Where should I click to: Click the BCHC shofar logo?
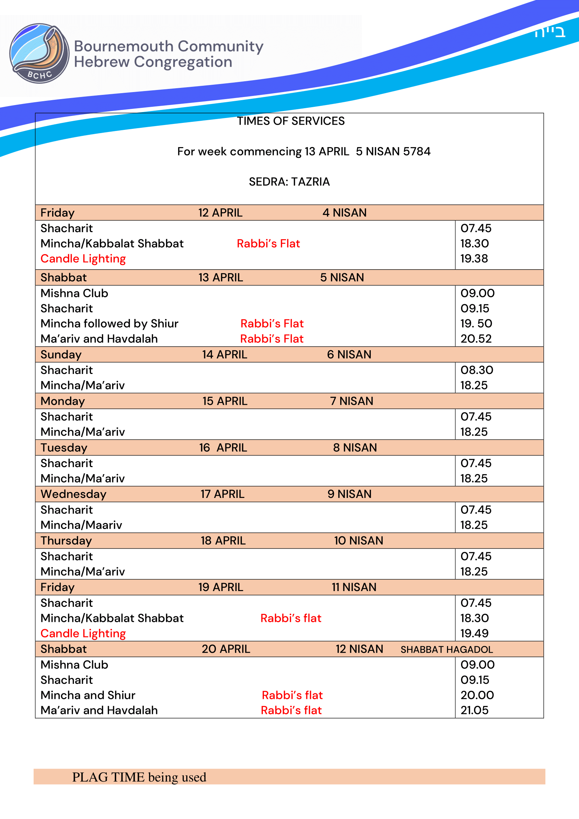point(39,53)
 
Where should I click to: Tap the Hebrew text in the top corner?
point(549,32)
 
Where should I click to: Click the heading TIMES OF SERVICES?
point(291,121)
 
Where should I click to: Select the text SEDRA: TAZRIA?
point(289,182)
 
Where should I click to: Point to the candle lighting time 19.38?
point(474,259)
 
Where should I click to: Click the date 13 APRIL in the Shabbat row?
point(221,278)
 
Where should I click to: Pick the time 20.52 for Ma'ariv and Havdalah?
point(476,339)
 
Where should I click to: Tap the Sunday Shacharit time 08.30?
point(477,370)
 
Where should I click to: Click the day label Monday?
point(63,401)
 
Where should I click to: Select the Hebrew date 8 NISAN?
point(355,448)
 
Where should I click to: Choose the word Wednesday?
point(74,494)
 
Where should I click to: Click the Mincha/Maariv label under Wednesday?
point(81,525)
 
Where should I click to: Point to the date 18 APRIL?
point(223,541)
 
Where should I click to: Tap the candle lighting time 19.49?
point(474,633)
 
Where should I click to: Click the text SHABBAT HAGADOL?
point(446,650)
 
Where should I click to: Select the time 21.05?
point(474,710)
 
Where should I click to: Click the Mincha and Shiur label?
point(88,695)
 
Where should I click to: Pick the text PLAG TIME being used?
point(139,777)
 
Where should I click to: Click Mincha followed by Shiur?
point(110,324)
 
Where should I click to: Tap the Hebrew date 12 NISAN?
point(359,649)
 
